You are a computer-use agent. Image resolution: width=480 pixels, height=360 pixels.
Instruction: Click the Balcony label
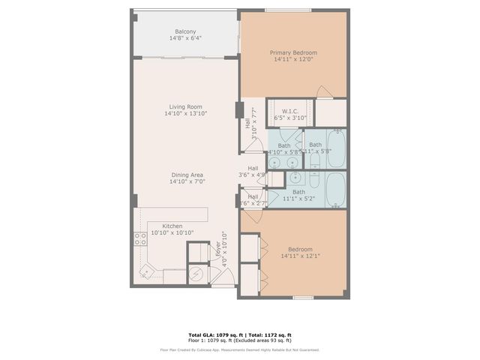186,31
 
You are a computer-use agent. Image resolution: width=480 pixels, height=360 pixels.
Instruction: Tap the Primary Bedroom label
293,52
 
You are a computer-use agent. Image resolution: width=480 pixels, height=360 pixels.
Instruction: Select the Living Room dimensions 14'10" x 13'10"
186,114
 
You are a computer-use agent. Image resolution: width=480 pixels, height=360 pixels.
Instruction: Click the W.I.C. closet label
290,111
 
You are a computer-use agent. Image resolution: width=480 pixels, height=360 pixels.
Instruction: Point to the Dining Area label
186,175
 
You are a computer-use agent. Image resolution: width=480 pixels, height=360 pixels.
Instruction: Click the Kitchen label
172,226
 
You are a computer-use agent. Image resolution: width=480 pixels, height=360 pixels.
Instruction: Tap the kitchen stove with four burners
139,239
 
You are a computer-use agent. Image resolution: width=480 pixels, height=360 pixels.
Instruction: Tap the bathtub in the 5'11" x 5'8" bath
335,148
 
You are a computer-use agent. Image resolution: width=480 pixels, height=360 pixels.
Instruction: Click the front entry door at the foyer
223,278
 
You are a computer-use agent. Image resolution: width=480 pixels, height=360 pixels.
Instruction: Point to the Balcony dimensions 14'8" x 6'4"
186,38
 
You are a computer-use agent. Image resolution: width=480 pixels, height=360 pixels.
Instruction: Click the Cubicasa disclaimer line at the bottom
239,349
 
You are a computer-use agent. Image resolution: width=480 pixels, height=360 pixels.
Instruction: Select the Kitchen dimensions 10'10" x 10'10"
172,233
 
